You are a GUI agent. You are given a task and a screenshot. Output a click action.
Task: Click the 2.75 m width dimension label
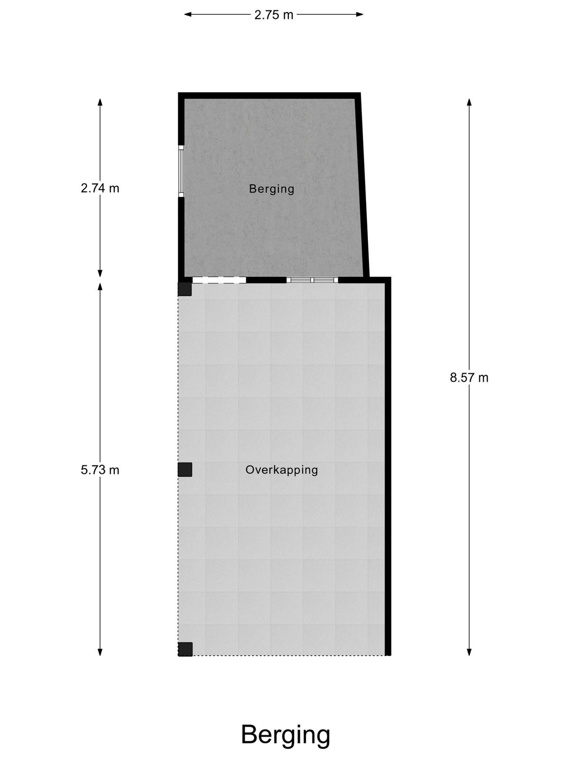274,15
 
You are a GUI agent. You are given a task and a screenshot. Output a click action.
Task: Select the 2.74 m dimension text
100,188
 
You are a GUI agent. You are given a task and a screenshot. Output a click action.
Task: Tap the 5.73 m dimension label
100,470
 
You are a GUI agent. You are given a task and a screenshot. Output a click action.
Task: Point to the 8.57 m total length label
469,378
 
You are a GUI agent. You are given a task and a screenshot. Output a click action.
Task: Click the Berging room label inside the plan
272,189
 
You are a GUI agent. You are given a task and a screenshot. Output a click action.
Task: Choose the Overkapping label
282,470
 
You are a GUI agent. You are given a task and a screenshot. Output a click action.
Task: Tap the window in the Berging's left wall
181,171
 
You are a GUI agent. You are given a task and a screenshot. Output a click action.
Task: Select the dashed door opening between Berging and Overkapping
219,280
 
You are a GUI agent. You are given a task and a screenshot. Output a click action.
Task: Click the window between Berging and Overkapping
312,280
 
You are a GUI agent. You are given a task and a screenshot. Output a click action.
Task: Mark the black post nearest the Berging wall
184,289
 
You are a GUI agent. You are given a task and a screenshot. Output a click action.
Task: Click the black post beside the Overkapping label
185,470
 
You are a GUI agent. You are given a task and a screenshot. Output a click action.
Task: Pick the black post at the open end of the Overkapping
185,649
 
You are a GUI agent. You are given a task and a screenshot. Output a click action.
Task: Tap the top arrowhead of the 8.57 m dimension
469,102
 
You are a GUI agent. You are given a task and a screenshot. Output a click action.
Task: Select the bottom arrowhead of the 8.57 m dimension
469,652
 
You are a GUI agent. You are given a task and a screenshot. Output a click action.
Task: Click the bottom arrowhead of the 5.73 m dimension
100,652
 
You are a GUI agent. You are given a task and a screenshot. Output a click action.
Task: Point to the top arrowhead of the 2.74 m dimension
100,102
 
